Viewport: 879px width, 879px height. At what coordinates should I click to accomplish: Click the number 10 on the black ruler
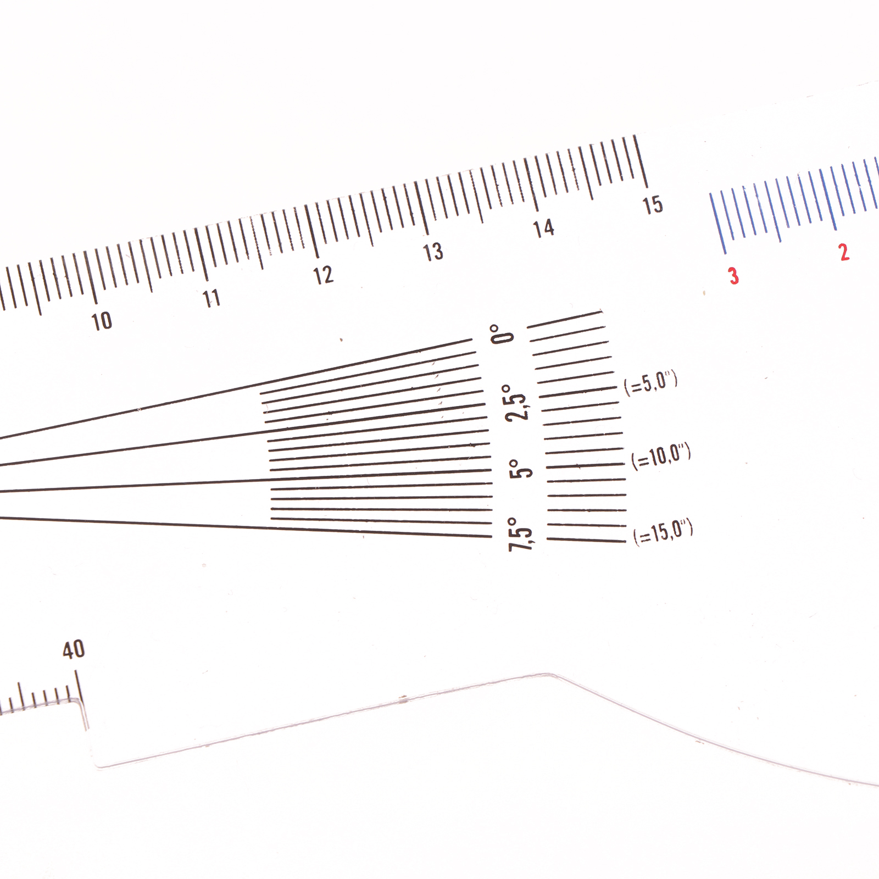[x=102, y=321]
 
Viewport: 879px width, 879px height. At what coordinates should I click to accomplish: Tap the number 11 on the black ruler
[x=212, y=298]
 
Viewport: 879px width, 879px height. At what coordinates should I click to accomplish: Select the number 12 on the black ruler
[x=323, y=275]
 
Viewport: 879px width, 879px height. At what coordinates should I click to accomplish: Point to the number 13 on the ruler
[x=433, y=252]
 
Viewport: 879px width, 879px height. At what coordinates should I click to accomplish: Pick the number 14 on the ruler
[x=543, y=228]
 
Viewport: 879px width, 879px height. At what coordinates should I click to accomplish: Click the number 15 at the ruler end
[x=653, y=205]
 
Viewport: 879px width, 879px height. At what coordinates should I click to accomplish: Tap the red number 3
[x=733, y=275]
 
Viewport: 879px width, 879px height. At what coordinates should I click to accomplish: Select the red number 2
[x=844, y=252]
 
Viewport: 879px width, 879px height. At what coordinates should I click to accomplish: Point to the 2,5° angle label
[x=516, y=403]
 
